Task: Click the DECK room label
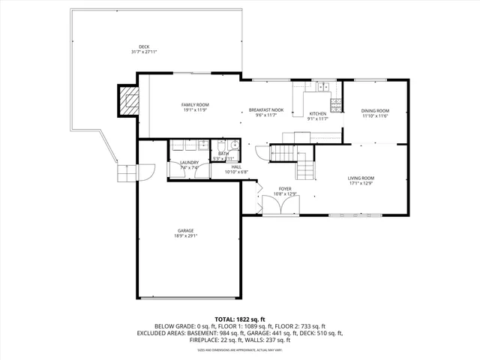143,46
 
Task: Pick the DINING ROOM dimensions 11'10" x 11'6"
375,116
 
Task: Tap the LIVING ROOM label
361,178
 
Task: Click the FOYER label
285,188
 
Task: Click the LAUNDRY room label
189,163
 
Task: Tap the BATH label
223,153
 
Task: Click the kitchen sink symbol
322,87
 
